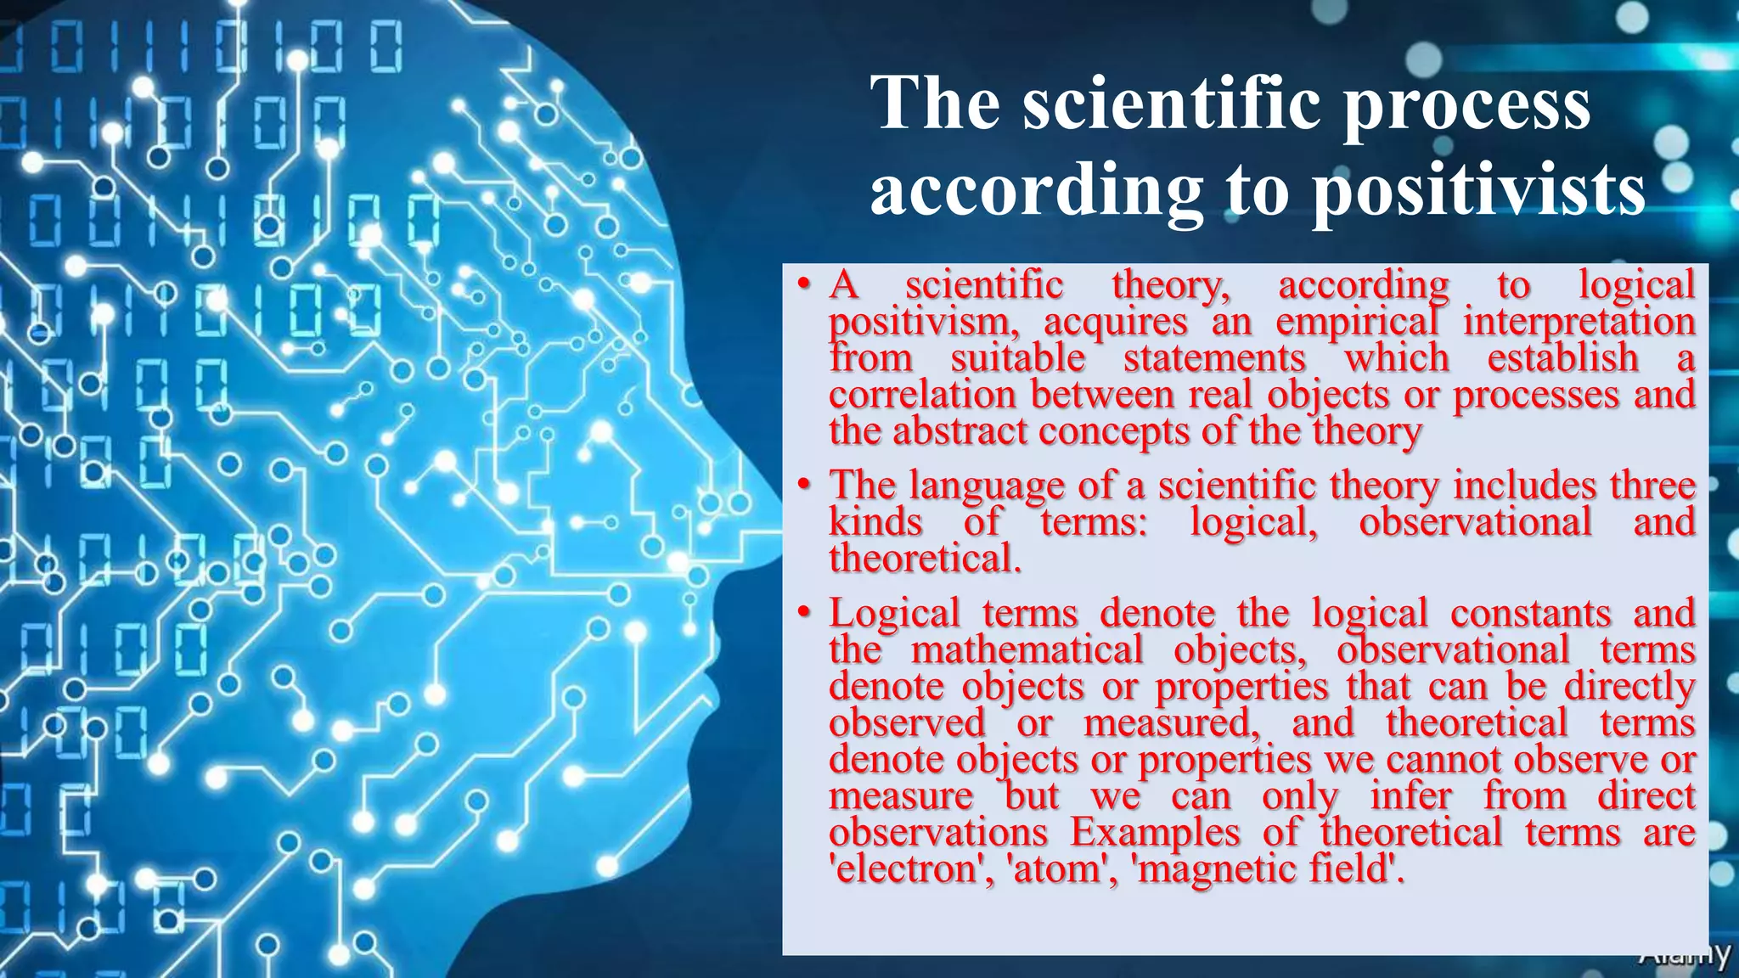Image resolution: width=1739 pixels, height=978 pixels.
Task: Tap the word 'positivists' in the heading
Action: coord(1478,192)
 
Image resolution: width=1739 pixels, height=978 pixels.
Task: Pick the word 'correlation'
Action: coord(922,395)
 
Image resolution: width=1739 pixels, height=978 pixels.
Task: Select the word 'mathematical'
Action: coord(1027,650)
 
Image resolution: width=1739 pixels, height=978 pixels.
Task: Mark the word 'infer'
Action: coord(1411,796)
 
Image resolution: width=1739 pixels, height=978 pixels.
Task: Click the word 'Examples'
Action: coord(1154,832)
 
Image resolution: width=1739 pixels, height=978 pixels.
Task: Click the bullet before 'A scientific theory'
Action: coord(802,285)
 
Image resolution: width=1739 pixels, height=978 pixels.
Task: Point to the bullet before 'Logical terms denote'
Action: coord(802,614)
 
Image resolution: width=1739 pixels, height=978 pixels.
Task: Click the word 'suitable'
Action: coord(1017,358)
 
